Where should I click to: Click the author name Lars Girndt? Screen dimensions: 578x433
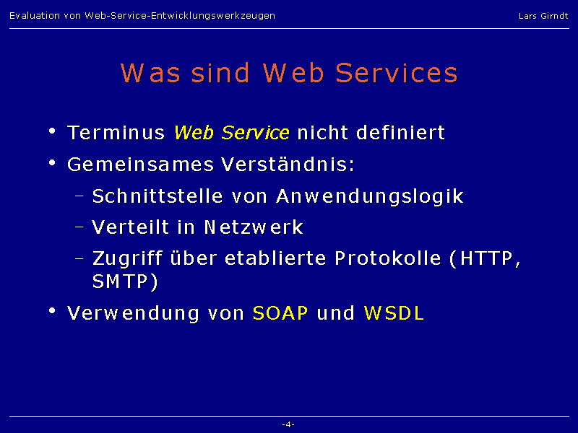[543, 16]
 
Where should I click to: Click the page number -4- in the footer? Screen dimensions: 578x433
[288, 424]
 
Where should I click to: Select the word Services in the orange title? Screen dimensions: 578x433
[397, 73]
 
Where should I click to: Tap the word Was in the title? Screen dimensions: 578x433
[150, 73]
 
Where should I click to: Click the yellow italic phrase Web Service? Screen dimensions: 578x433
[231, 133]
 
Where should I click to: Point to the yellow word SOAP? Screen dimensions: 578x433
[280, 313]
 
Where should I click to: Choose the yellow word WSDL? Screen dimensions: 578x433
[394, 313]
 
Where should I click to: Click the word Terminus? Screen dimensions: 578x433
[116, 133]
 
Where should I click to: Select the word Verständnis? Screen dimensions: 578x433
[288, 165]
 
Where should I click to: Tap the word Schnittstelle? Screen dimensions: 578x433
[158, 196]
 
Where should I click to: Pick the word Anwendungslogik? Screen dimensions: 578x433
[370, 196]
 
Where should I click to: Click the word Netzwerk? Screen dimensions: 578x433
[254, 227]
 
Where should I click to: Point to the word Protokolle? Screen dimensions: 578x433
[388, 258]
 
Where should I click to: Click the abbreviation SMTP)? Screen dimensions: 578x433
[125, 281]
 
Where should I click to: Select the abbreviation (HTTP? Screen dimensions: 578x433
[485, 259]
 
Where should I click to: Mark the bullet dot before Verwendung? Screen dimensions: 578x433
[52, 311]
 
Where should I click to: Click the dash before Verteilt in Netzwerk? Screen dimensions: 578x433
[79, 227]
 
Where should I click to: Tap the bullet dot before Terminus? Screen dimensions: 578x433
[52, 131]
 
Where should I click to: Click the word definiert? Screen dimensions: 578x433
[401, 133]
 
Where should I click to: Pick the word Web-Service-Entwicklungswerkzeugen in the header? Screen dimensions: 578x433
[180, 16]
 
